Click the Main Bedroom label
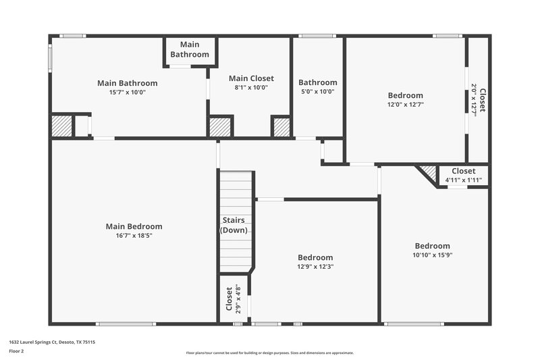(134, 226)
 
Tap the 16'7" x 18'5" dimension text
(134, 235)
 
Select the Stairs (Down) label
(234, 225)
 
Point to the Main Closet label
(251, 78)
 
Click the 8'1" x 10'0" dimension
(251, 87)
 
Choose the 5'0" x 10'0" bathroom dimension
(317, 92)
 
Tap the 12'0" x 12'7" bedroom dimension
(405, 105)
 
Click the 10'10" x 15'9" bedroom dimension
(432, 255)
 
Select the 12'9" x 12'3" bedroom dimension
(316, 266)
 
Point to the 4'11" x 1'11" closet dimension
(463, 180)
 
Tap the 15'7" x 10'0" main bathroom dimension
(127, 92)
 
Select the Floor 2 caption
(16, 351)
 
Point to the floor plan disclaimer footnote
(270, 353)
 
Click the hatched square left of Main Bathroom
(62, 126)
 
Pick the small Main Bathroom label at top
(190, 50)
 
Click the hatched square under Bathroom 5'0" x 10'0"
(281, 127)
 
